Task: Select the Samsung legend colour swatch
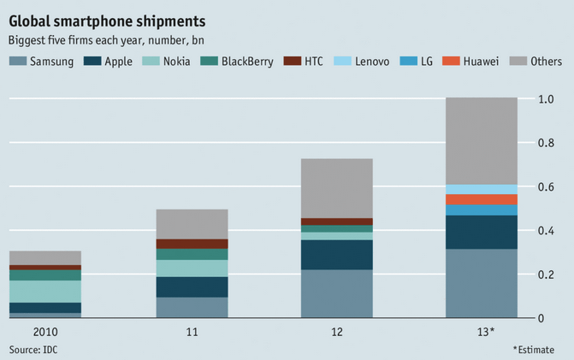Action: click(17, 61)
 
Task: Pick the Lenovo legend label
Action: click(372, 61)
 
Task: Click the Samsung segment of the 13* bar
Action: click(482, 283)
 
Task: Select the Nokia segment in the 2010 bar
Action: click(44, 291)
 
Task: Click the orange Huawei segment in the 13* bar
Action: click(482, 199)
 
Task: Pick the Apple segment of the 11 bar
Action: click(192, 286)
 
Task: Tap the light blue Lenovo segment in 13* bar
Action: click(482, 189)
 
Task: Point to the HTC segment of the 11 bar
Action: click(192, 244)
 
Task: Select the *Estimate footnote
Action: click(538, 350)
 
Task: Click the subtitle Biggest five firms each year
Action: click(106, 40)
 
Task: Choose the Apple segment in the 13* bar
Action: click(482, 232)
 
